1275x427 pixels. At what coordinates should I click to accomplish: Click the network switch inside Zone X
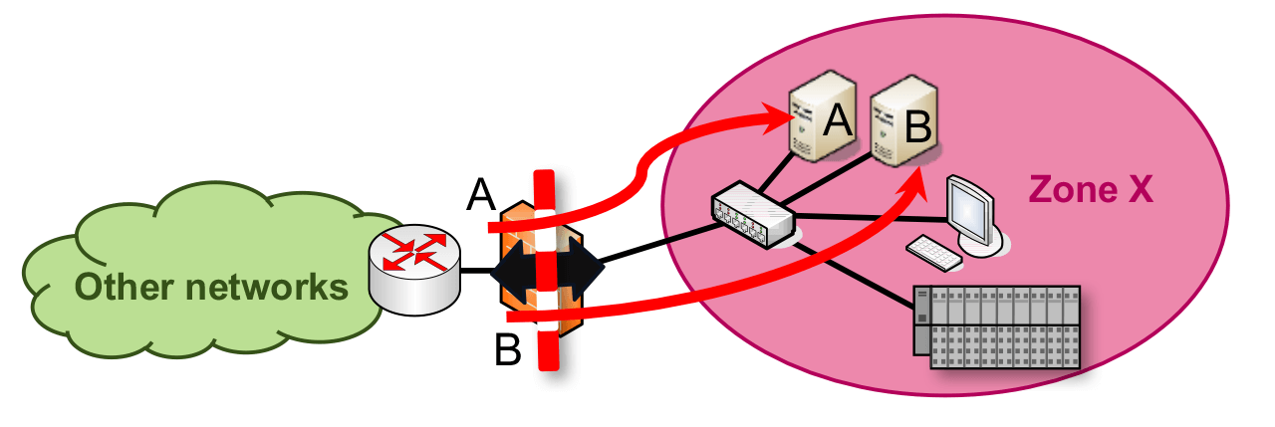[x=752, y=214]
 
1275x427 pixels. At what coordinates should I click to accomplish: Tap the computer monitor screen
[x=969, y=207]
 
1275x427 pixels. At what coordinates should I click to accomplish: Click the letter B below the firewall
[x=509, y=351]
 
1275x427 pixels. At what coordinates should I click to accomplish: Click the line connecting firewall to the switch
[x=657, y=245]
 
